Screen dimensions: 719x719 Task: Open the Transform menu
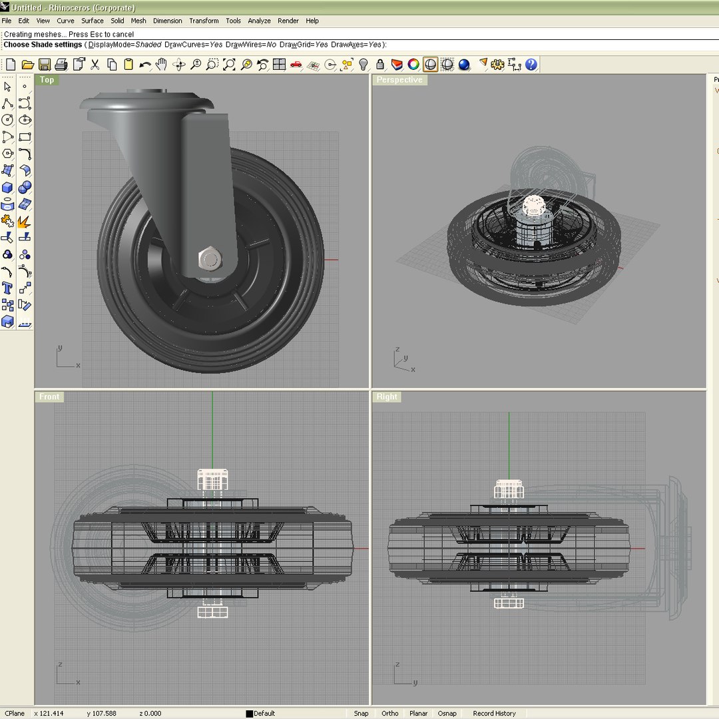204,21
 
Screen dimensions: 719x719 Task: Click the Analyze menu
259,21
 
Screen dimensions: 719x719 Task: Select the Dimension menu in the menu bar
167,21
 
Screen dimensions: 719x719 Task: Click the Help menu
312,21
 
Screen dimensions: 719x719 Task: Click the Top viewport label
47,80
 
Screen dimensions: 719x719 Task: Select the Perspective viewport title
399,80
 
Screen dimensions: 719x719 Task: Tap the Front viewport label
49,397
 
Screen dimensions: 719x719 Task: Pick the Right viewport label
387,397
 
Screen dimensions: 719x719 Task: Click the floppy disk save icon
45,65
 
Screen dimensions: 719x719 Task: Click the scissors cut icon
95,65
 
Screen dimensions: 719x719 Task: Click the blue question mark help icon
531,65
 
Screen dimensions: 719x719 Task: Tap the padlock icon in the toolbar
380,65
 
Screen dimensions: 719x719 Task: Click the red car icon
296,65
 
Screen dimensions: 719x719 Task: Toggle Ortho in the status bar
390,713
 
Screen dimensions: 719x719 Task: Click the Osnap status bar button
447,713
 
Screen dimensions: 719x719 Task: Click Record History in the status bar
494,713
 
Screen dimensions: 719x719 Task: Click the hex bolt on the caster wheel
209,259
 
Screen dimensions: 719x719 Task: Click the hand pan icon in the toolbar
161,65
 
